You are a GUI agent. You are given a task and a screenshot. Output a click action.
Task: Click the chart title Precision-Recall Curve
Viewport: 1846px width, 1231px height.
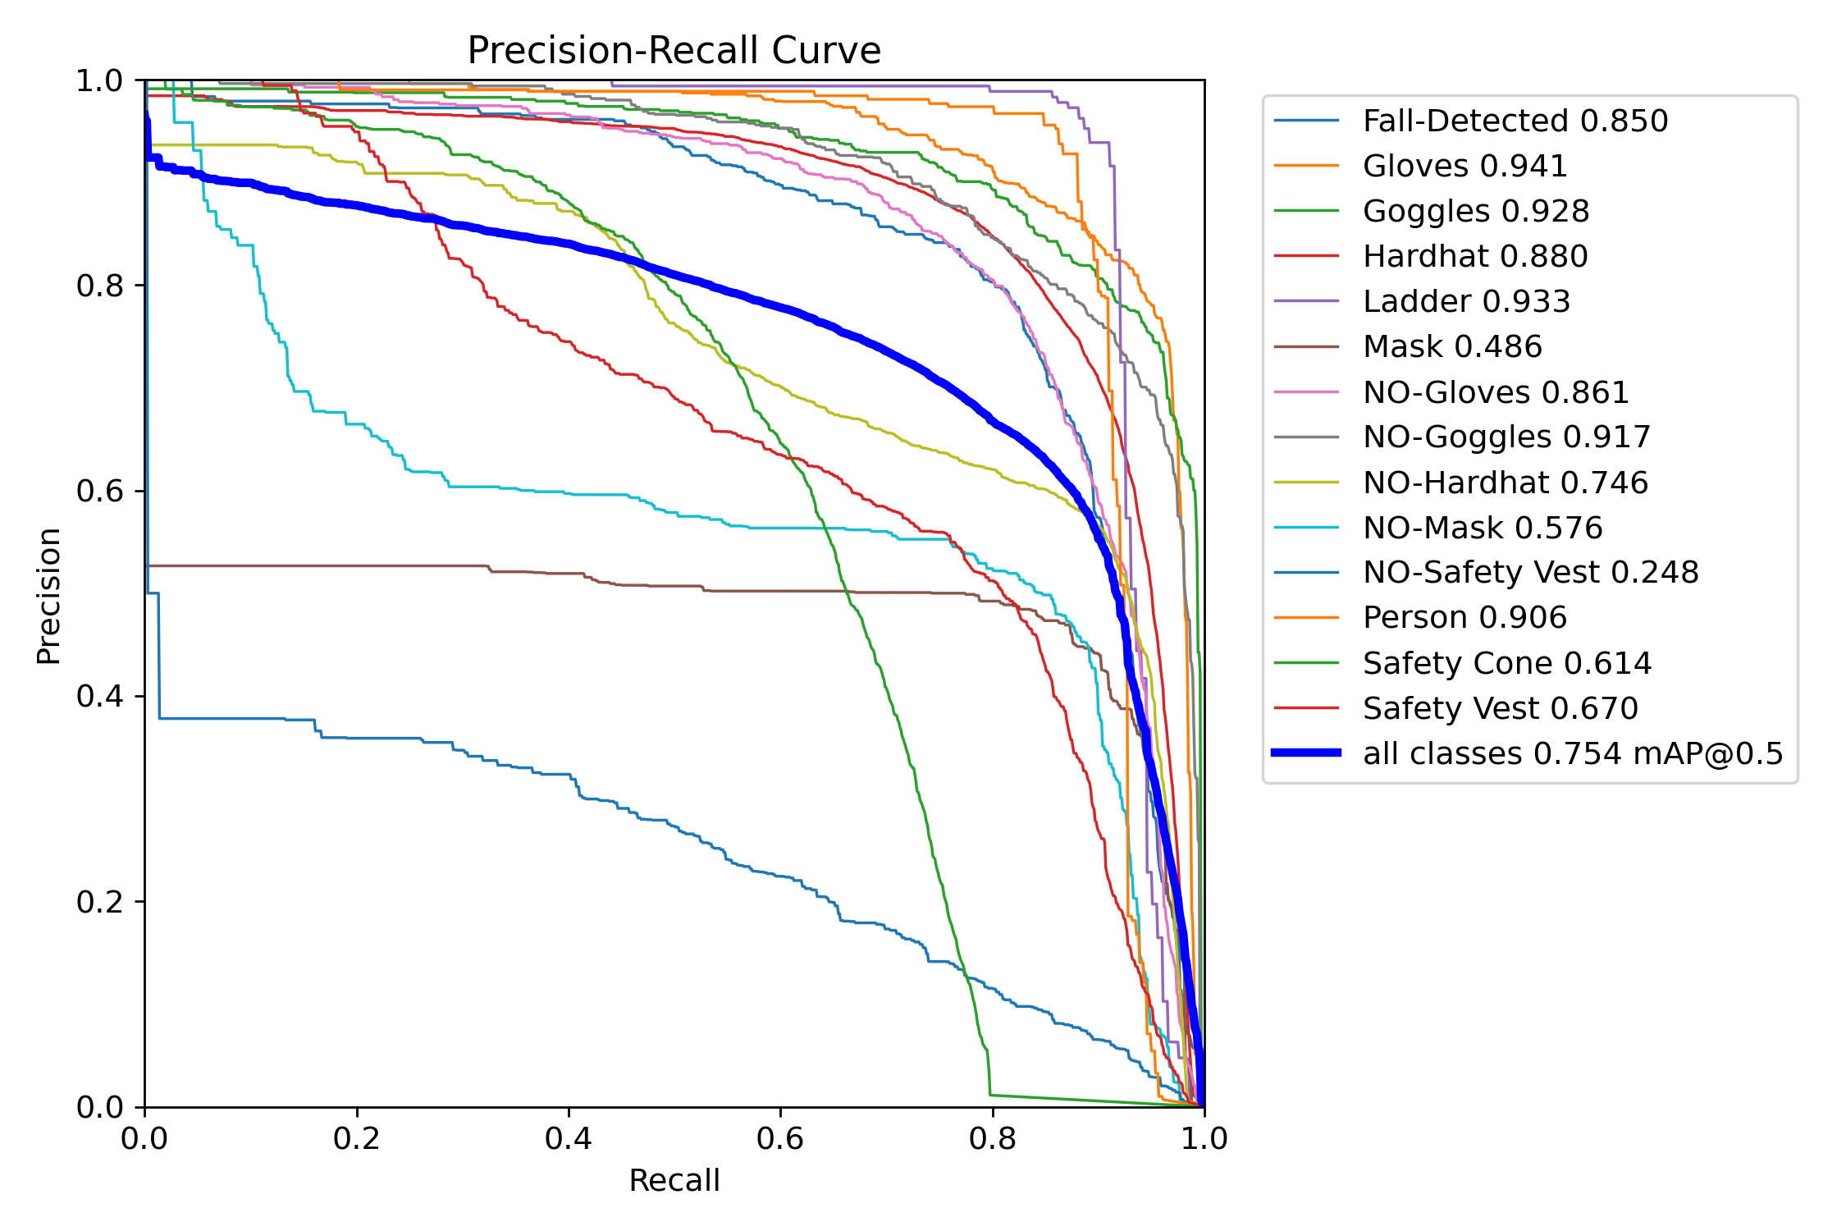pyautogui.click(x=674, y=51)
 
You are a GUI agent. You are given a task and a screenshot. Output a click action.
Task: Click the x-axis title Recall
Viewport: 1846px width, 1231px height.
pyautogui.click(x=674, y=1180)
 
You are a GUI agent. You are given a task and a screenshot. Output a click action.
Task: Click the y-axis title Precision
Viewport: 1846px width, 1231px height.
pyautogui.click(x=48, y=596)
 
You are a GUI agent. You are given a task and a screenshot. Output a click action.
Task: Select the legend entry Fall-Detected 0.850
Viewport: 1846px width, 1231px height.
pyautogui.click(x=1515, y=121)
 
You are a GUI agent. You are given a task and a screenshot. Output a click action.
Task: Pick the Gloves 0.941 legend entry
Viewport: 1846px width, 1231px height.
pyautogui.click(x=1464, y=166)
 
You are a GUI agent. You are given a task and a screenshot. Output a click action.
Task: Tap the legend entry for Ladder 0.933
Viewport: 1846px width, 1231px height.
pyautogui.click(x=1466, y=301)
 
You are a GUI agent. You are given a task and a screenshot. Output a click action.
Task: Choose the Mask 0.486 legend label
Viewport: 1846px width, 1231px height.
pyautogui.click(x=1452, y=346)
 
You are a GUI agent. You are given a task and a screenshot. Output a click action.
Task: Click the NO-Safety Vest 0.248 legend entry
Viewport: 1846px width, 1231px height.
pyautogui.click(x=1530, y=572)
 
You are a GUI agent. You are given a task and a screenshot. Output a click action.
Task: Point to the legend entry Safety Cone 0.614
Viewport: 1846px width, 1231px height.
pyautogui.click(x=1506, y=663)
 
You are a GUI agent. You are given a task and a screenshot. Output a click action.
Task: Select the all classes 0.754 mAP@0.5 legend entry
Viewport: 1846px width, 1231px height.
pyautogui.click(x=1573, y=753)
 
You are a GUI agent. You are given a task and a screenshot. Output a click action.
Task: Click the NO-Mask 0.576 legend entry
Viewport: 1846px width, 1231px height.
pyautogui.click(x=1482, y=528)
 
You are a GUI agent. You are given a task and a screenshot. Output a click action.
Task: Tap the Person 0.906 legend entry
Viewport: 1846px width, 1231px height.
pyautogui.click(x=1464, y=617)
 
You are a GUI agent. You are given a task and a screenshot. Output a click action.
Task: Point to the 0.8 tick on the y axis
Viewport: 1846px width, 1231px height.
pyautogui.click(x=99, y=286)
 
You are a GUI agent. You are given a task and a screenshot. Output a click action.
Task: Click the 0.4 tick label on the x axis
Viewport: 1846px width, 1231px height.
pyautogui.click(x=568, y=1138)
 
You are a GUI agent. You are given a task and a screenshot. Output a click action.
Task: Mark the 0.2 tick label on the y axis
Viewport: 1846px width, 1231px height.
pyautogui.click(x=99, y=902)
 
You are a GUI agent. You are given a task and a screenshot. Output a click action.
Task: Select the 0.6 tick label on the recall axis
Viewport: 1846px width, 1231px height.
pyautogui.click(x=780, y=1138)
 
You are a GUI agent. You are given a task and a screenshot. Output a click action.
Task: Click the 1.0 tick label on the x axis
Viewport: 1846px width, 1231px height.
pyautogui.click(x=1204, y=1138)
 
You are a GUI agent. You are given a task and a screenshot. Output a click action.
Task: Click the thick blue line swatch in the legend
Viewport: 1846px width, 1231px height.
pyautogui.click(x=1306, y=753)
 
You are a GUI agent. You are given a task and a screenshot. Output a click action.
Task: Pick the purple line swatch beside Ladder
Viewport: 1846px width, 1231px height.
pyautogui.click(x=1306, y=301)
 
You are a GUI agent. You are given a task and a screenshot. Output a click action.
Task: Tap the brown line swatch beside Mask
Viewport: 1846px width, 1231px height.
pyautogui.click(x=1306, y=346)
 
